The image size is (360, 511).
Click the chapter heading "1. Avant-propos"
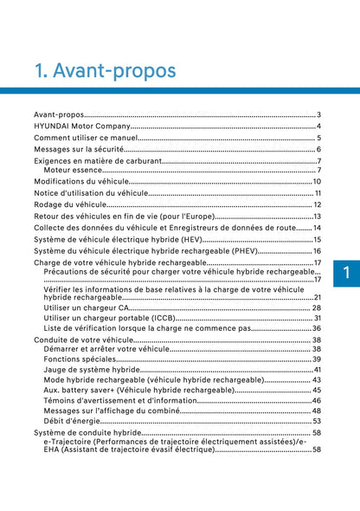pyautogui.click(x=104, y=68)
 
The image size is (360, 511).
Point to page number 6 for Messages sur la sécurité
pyautogui.click(x=319, y=149)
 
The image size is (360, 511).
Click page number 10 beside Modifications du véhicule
pyautogui.click(x=317, y=181)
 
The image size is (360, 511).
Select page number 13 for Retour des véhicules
pyautogui.click(x=318, y=216)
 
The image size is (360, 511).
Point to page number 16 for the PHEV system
pyautogui.click(x=317, y=250)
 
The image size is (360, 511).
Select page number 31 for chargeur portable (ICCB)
pyautogui.click(x=318, y=318)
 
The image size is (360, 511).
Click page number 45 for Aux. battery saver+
pyautogui.click(x=317, y=390)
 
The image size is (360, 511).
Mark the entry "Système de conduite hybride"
pyautogui.click(x=87, y=432)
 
